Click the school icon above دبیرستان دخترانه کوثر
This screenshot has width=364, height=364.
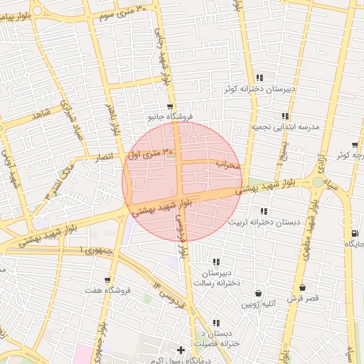click(259, 77)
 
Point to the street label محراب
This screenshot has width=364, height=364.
click(229, 165)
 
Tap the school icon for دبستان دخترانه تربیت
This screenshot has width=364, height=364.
click(264, 211)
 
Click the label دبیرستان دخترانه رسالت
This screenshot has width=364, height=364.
click(221, 278)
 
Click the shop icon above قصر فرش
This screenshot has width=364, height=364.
click(303, 288)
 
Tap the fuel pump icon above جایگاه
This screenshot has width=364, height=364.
click(354, 233)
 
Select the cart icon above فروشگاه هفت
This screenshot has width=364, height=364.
click(107, 279)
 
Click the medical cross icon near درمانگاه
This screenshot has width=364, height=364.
click(181, 350)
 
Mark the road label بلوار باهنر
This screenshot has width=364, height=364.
click(112, 119)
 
